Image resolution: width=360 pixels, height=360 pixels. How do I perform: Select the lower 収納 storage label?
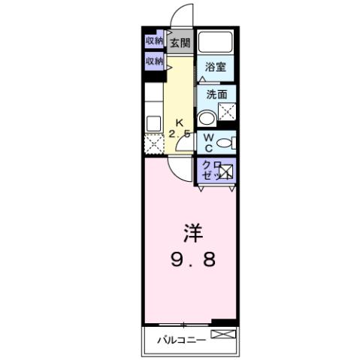155,61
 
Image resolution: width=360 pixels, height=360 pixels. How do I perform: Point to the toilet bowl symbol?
228,142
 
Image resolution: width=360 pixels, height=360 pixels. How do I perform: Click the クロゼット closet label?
208,170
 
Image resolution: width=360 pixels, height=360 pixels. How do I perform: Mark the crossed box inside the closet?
225,172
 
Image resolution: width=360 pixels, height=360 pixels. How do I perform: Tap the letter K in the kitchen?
180,123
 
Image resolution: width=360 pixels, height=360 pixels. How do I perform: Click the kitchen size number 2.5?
179,134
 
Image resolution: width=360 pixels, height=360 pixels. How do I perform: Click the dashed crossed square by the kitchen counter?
154,143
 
